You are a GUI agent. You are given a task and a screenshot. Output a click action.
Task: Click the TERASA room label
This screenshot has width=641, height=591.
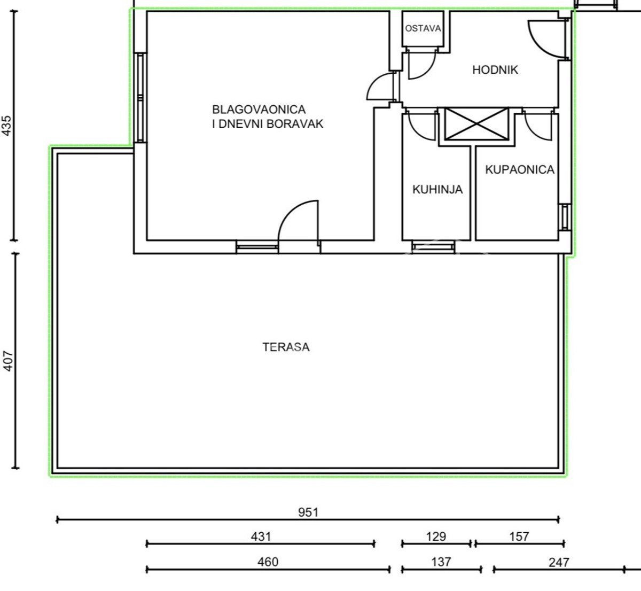coord(286,347)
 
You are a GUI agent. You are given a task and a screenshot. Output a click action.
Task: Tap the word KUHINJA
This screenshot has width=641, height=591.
coord(437,190)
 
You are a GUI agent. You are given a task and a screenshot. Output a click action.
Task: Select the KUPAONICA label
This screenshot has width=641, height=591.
coord(520,170)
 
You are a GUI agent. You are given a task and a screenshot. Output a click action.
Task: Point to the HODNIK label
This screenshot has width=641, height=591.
coord(495,69)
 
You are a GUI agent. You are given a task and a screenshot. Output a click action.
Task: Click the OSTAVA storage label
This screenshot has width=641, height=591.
coord(423,28)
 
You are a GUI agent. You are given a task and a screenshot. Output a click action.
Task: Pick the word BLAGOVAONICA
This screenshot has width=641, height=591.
coord(259,110)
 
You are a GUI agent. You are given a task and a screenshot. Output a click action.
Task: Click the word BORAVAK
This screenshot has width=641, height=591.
coord(295,124)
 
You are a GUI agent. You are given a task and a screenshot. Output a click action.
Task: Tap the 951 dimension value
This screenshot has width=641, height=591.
coord(308,512)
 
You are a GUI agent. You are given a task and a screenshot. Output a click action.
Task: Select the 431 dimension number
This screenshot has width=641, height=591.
coord(261,536)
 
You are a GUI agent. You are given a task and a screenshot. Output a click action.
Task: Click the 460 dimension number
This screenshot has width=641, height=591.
coord(268,562)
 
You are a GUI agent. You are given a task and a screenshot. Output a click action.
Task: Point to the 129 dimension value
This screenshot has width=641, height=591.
coord(436,536)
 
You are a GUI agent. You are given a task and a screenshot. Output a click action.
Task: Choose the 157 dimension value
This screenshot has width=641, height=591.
coord(519,536)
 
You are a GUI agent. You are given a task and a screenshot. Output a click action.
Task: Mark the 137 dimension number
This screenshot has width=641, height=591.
coord(441,562)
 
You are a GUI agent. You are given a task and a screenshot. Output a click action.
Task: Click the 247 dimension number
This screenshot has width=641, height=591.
coord(559,562)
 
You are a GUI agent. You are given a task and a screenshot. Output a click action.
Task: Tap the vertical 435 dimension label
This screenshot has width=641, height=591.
coord(6,126)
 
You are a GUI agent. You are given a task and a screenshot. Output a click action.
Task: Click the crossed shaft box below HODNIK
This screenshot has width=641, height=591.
coord(476,123)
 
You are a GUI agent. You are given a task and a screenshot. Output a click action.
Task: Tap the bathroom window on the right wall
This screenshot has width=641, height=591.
coord(564,217)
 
